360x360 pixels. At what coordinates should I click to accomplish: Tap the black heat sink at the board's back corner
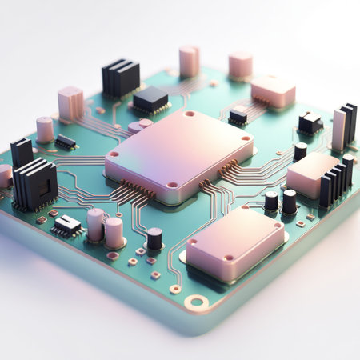coord(120,78)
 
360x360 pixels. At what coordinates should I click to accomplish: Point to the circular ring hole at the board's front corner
coord(197,302)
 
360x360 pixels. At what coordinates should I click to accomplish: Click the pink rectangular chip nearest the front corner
coord(234,244)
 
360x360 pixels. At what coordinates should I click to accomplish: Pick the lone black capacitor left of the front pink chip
coord(154,238)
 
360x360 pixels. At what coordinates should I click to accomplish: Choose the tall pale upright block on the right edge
coord(338,130)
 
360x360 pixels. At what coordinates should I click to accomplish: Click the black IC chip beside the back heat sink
coord(150,100)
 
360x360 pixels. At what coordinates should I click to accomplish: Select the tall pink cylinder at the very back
coord(190,61)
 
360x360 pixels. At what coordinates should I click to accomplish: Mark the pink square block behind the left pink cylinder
coord(70,103)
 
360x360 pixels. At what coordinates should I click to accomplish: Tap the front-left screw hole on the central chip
coord(172,185)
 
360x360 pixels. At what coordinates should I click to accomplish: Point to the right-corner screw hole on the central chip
coord(246,138)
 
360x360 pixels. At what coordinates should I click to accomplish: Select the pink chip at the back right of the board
coord(273,90)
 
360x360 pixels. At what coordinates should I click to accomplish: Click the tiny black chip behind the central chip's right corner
coord(238,116)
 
